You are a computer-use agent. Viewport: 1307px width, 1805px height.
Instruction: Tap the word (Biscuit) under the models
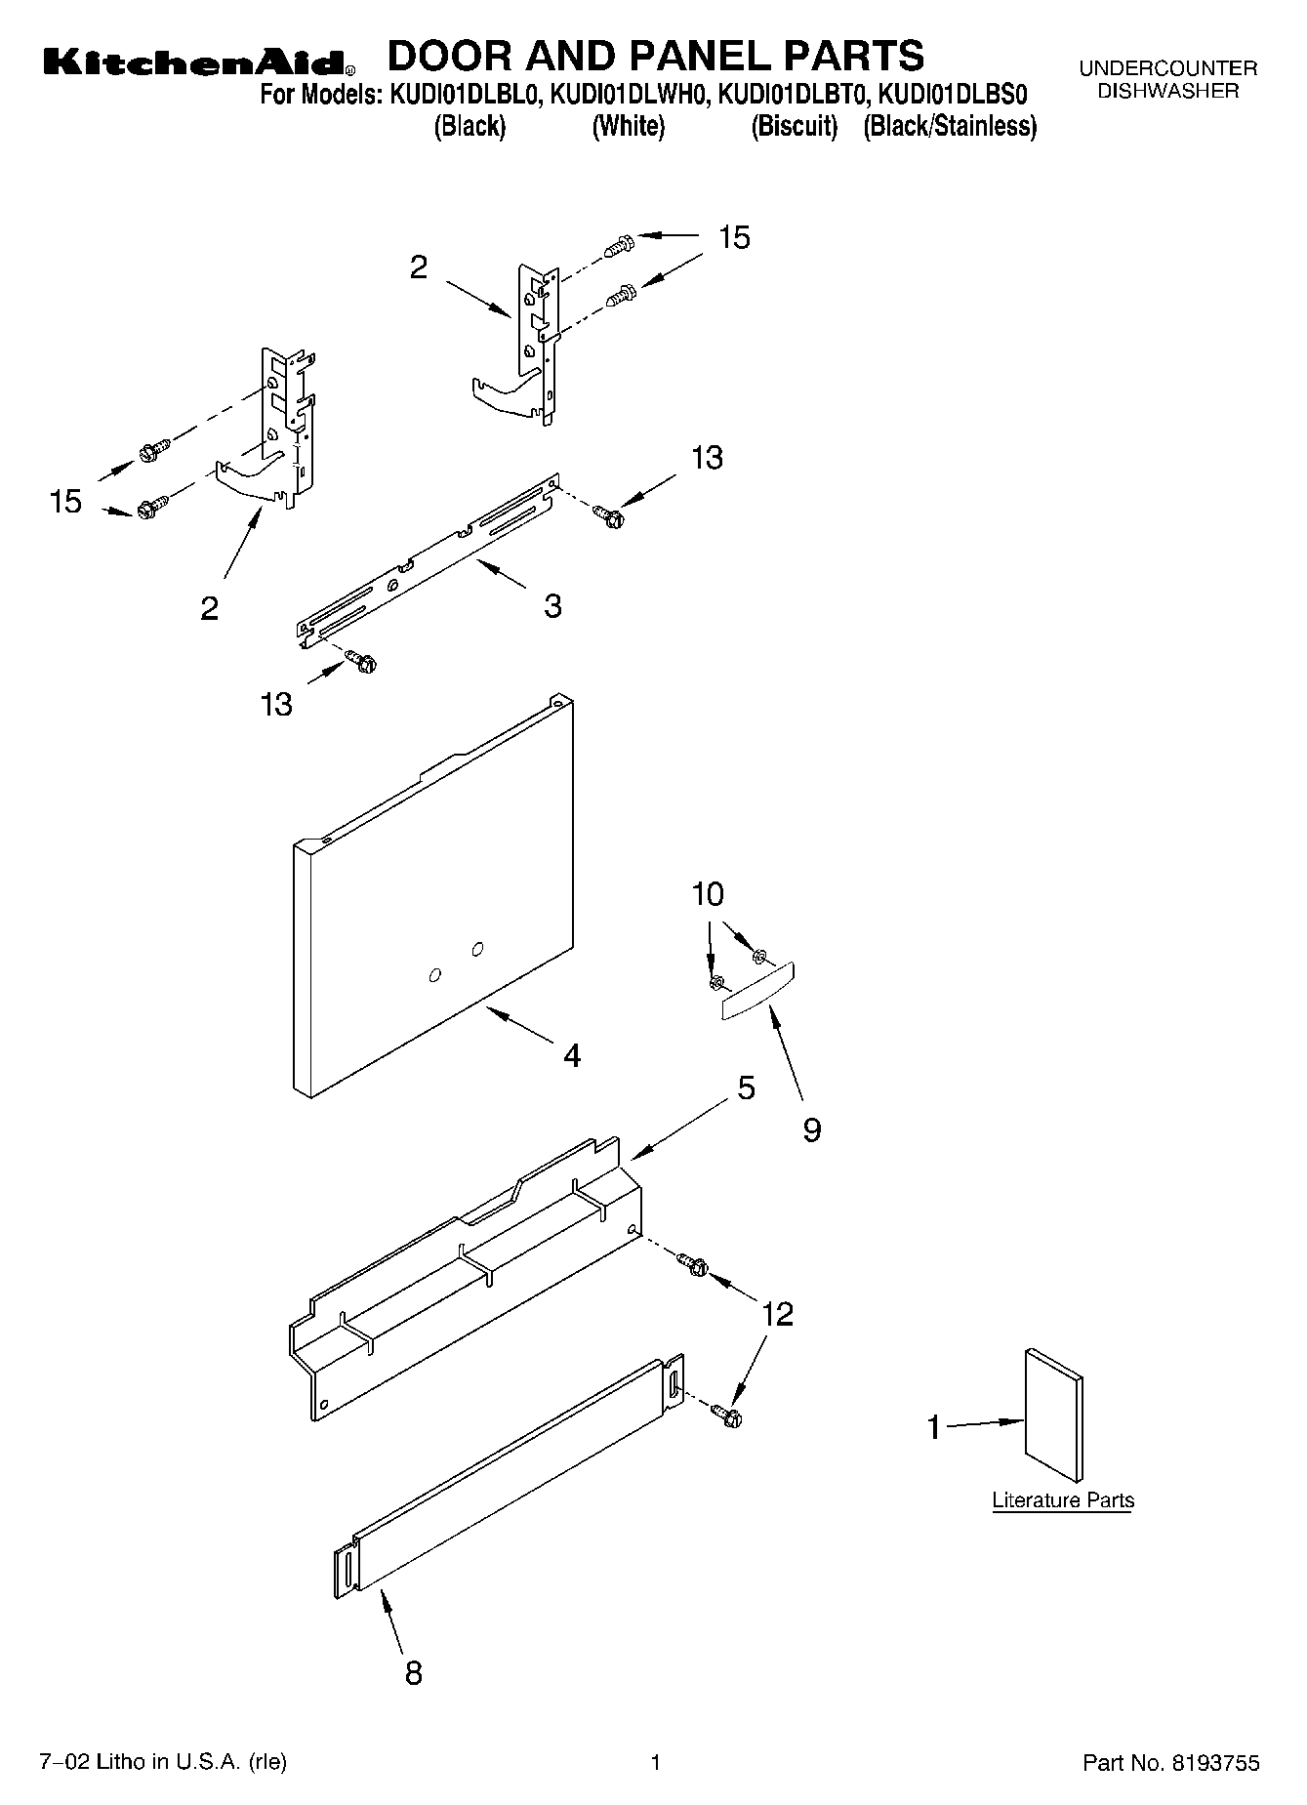[794, 127]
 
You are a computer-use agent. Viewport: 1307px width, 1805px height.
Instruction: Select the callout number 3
[552, 606]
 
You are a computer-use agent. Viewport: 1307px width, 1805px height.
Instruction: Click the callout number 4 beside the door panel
[572, 1055]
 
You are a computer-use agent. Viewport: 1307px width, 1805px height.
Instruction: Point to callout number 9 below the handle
[811, 1129]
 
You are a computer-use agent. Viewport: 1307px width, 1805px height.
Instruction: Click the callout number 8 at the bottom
[413, 1673]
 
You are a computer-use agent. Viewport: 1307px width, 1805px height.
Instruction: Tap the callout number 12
[777, 1314]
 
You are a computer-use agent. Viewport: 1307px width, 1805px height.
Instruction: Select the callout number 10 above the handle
[709, 894]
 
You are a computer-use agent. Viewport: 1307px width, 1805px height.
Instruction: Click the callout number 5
[746, 1087]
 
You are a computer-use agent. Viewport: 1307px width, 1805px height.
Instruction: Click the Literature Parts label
[1063, 1500]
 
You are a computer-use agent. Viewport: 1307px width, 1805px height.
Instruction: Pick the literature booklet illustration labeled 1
[1053, 1416]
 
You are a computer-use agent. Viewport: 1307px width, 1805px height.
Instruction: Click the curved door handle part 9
[758, 992]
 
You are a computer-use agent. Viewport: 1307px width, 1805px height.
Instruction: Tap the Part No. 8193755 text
[1171, 1763]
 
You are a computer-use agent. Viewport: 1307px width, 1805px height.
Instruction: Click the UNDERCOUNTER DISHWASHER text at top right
[1167, 80]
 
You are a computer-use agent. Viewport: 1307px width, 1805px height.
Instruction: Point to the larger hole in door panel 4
[477, 948]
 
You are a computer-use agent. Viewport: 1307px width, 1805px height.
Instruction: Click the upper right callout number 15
[734, 237]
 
